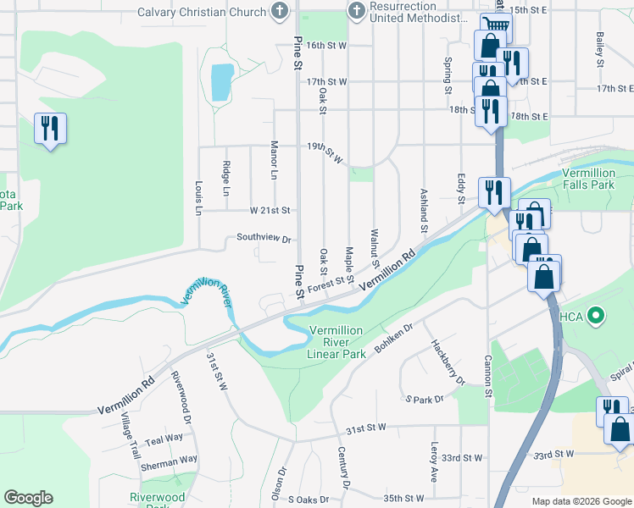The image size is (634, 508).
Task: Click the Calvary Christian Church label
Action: pyautogui.click(x=203, y=13)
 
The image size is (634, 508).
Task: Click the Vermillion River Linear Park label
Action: pyautogui.click(x=336, y=342)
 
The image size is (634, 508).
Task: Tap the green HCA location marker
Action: pyautogui.click(x=596, y=317)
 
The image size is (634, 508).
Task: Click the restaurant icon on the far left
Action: pyautogui.click(x=50, y=129)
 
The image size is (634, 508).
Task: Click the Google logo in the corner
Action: pyautogui.click(x=28, y=498)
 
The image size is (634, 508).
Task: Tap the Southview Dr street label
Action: pyautogui.click(x=264, y=239)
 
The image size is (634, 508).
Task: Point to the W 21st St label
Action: pyautogui.click(x=270, y=210)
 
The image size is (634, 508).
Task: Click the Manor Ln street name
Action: pyautogui.click(x=274, y=160)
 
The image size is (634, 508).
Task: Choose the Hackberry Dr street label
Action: pyautogui.click(x=448, y=362)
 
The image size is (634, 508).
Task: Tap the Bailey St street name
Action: pyautogui.click(x=599, y=50)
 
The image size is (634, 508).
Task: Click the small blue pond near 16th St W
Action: pyautogui.click(x=221, y=82)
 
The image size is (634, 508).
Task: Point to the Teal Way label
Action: pyautogui.click(x=164, y=439)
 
